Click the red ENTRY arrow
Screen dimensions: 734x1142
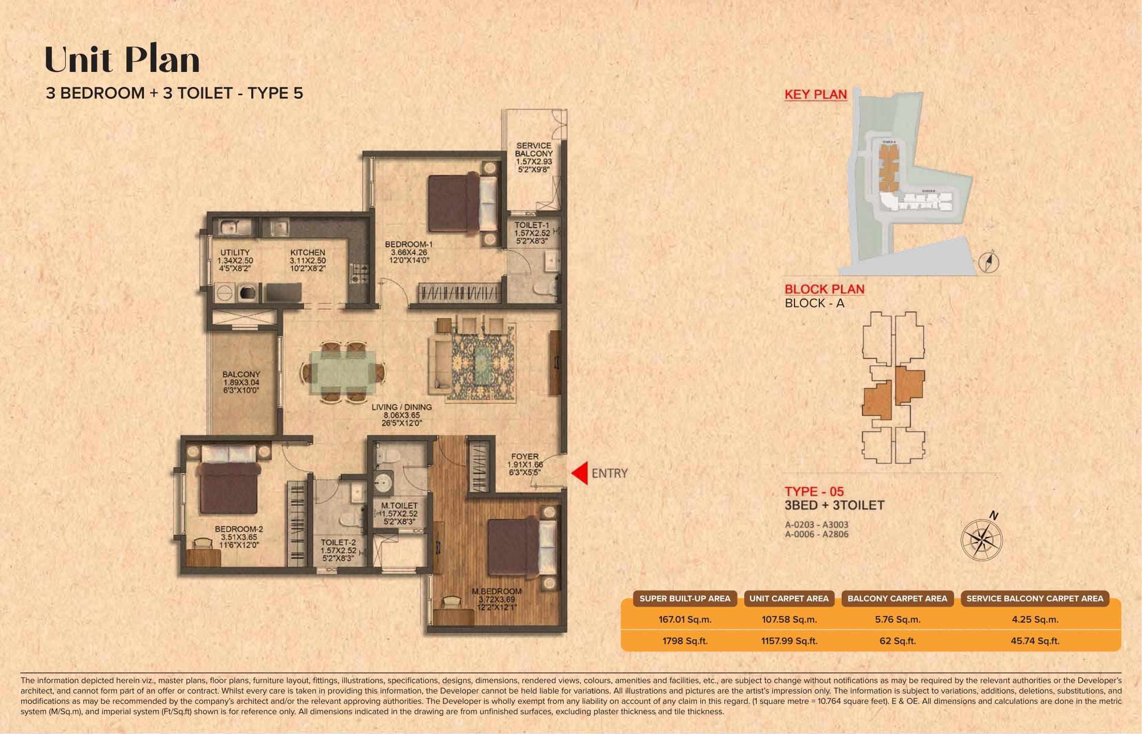pos(580,473)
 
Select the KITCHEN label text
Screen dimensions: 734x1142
pos(308,253)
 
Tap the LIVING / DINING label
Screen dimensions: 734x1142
pos(401,407)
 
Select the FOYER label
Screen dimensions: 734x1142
pos(525,457)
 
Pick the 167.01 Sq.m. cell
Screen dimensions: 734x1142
pos(685,619)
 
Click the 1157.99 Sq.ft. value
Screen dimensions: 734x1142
pos(789,641)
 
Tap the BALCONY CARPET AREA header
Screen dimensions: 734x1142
pos(897,598)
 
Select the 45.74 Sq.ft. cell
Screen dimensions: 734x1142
pos(1034,641)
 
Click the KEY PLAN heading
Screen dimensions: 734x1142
pos(815,94)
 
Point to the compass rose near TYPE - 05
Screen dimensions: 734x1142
pos(981,540)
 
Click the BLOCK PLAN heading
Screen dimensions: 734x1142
pos(824,289)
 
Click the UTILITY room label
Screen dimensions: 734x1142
pos(235,253)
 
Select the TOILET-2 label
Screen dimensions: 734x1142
pos(338,542)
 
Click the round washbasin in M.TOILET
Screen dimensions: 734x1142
pos(383,483)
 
